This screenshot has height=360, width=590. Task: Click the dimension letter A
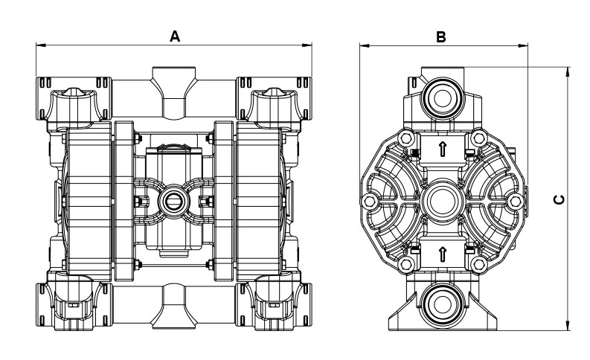tap(175, 35)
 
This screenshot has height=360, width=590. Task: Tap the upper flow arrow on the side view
tap(443, 150)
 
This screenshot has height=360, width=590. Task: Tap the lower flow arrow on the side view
tap(443, 254)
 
